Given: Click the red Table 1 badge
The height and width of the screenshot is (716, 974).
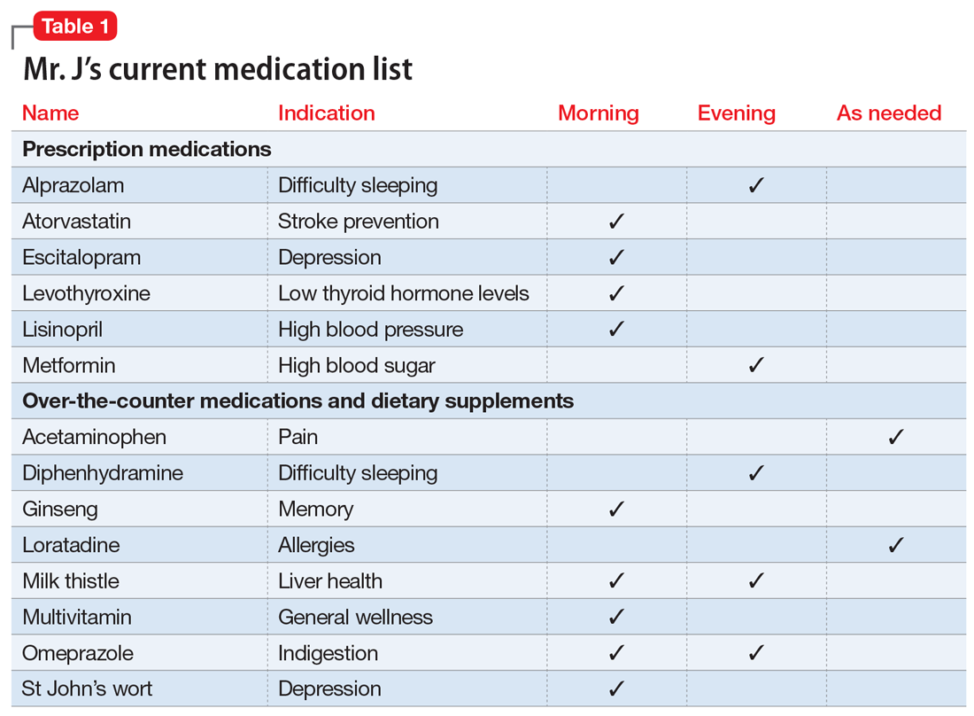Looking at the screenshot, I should click(x=75, y=27).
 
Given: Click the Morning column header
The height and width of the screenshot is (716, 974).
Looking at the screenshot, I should click(x=599, y=113).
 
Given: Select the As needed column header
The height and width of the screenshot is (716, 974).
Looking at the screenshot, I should click(x=889, y=113).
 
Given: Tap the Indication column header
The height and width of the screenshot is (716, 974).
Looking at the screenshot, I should click(x=326, y=113).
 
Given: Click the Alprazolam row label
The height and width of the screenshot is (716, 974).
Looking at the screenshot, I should click(x=73, y=185).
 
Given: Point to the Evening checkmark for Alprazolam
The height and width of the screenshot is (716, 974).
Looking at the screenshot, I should click(x=756, y=186).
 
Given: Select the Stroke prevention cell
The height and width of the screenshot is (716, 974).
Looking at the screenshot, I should click(x=359, y=222).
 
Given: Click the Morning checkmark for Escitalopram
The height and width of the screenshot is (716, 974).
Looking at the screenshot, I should click(x=617, y=258).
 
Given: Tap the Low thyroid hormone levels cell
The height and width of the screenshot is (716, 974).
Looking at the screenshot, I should click(x=403, y=293).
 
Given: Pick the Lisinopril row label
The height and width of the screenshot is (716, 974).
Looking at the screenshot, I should click(x=63, y=330).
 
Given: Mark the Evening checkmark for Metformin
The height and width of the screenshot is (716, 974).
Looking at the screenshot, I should click(x=756, y=365).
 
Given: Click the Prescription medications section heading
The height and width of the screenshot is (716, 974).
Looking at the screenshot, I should click(x=147, y=149).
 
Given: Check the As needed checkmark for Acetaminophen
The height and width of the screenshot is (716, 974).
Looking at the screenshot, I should click(x=896, y=437).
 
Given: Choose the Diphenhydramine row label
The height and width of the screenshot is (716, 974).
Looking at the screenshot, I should click(x=103, y=473).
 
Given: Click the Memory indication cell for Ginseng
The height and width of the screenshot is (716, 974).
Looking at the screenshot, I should click(x=315, y=510).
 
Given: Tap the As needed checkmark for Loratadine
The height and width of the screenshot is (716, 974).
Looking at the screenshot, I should click(x=896, y=545).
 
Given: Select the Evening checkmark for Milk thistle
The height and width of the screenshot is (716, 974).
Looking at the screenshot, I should click(x=756, y=581).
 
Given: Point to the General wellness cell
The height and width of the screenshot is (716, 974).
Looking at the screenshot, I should click(x=355, y=617).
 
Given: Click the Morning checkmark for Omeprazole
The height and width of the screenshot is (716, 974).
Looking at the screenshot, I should click(x=617, y=653).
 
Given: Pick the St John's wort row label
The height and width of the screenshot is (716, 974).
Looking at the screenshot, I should click(x=87, y=689).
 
